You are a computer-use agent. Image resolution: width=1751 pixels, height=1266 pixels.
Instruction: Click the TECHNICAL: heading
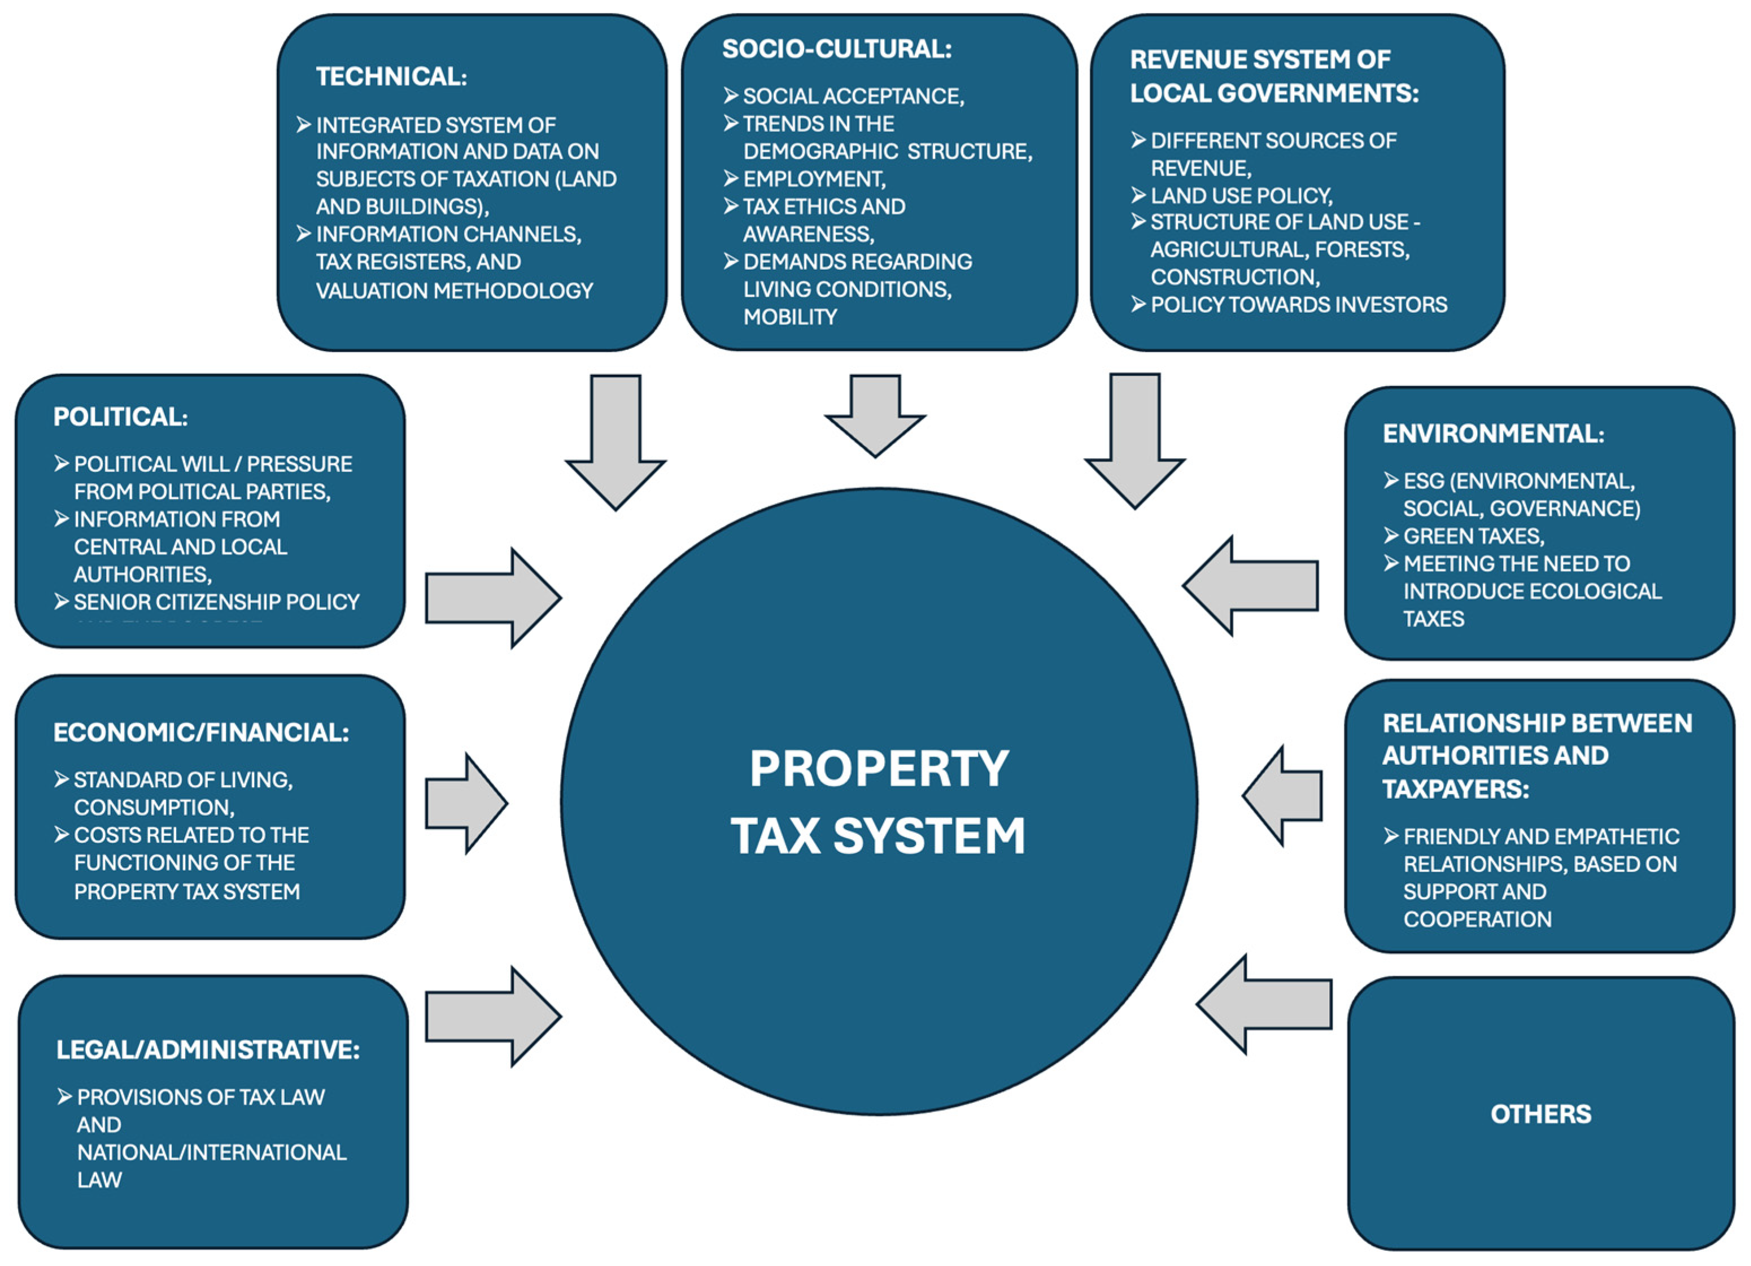391,76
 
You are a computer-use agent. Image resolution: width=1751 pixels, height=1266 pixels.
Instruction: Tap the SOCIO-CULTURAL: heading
837,49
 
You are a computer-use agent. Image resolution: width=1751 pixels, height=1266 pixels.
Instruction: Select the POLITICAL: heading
120,417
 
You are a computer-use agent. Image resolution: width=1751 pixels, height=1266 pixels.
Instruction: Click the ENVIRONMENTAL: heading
1493,434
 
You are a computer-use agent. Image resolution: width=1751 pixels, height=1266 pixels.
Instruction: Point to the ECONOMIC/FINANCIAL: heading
200,732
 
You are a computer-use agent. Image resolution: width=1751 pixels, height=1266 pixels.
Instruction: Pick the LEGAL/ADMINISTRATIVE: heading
208,1050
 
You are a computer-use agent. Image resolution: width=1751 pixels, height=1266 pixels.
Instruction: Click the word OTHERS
1540,1114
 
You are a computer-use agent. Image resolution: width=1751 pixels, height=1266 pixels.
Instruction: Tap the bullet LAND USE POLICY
1241,195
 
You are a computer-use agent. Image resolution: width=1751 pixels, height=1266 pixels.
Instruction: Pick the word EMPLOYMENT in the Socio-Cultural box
814,179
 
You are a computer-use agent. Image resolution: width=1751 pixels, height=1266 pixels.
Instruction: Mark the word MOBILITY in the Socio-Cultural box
790,317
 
